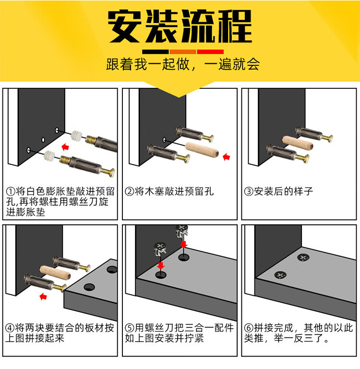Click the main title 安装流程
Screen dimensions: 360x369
point(180,26)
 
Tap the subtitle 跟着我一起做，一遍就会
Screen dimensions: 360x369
point(183,64)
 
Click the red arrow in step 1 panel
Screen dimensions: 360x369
point(65,148)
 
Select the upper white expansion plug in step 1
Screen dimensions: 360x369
point(76,136)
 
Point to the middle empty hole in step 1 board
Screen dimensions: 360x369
point(43,140)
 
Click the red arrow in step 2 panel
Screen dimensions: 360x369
point(226,157)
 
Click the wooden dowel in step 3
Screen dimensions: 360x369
point(298,143)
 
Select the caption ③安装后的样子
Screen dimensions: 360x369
point(279,191)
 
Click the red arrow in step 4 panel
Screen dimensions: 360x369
point(43,296)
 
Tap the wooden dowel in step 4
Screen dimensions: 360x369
point(55,272)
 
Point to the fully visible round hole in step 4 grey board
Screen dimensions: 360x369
point(89,287)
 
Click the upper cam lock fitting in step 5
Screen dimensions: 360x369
point(182,232)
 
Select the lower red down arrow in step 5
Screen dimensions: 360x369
point(161,265)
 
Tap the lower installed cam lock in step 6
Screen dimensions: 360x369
point(280,275)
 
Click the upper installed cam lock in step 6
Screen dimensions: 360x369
point(303,258)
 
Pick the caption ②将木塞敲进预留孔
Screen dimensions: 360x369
point(169,191)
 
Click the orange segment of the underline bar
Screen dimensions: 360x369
point(183,52)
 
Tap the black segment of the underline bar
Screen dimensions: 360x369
point(155,52)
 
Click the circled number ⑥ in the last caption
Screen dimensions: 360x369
point(249,328)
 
